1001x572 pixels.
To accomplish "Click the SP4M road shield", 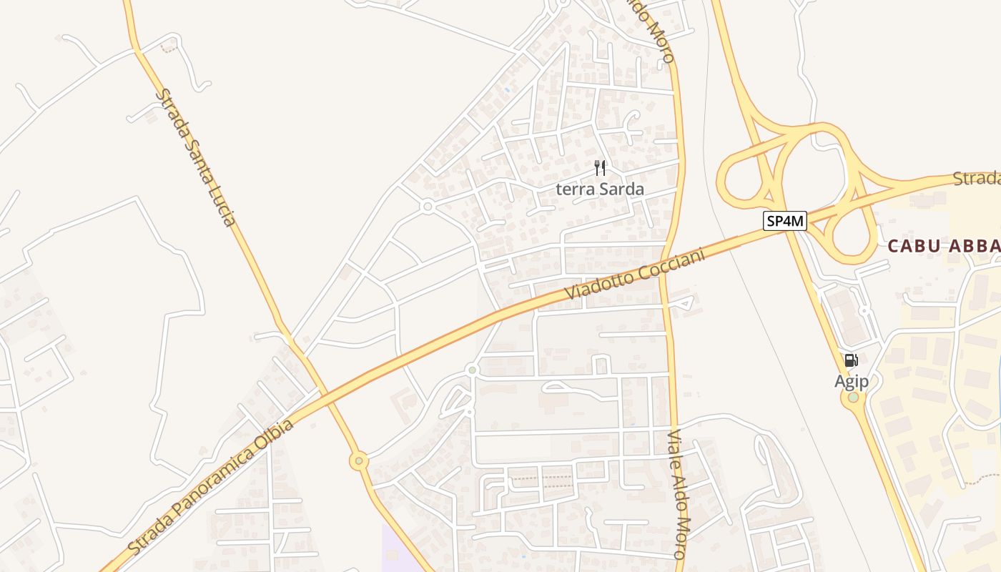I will [785, 222].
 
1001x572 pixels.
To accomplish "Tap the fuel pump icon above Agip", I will [851, 360].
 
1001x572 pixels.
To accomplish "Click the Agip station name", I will [852, 382].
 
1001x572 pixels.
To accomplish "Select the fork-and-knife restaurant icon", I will [600, 169].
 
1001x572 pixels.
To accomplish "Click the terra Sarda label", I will [600, 189].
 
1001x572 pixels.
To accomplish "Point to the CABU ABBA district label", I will [943, 246].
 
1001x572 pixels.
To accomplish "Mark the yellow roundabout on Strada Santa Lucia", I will [359, 461].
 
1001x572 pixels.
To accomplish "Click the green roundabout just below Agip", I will [853, 397].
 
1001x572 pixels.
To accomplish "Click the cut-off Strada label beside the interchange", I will [977, 178].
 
